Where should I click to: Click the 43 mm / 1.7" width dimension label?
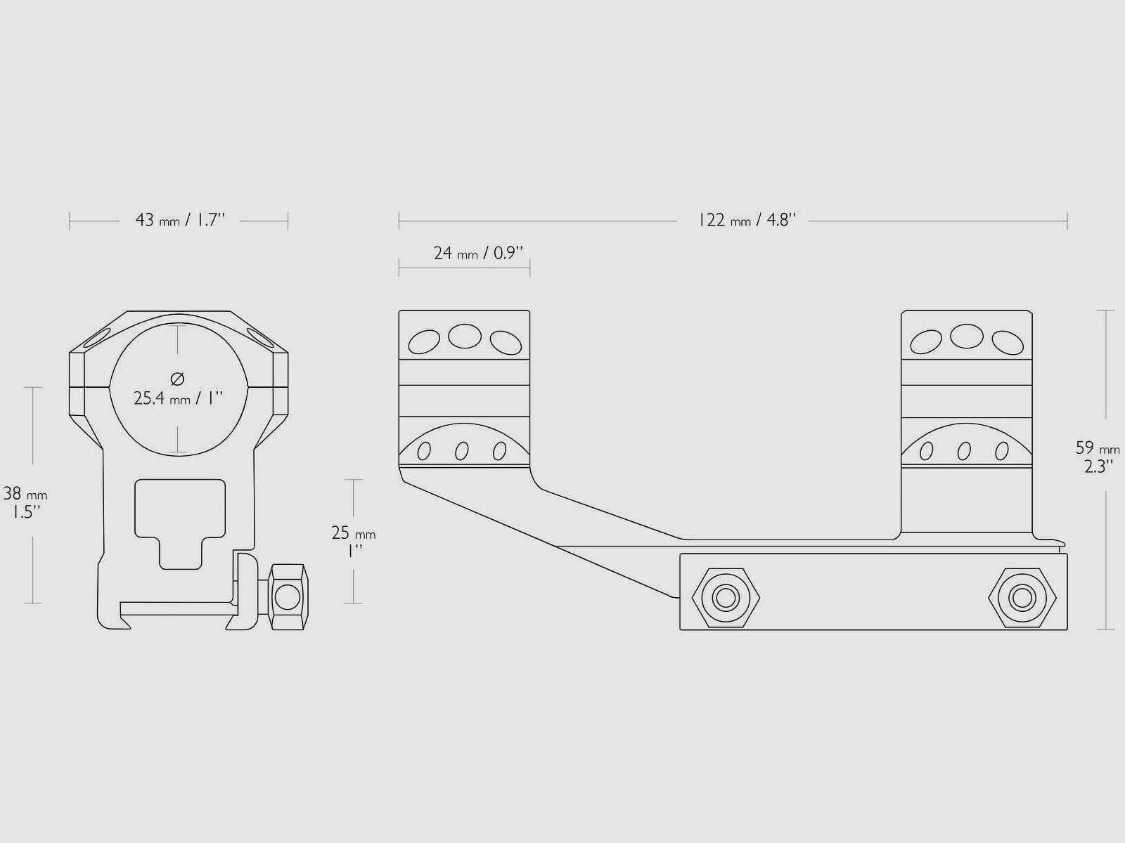[180, 220]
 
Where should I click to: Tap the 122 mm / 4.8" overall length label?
[747, 220]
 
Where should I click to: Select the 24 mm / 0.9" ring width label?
[478, 253]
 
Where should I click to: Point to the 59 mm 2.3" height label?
[1097, 457]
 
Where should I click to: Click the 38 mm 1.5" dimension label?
[25, 502]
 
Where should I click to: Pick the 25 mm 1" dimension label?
[353, 542]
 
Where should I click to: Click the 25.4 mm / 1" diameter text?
[179, 398]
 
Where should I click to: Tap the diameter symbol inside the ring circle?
[177, 379]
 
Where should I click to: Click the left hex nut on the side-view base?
[726, 597]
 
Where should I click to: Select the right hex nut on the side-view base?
[1022, 597]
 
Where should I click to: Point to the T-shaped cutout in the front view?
[180, 523]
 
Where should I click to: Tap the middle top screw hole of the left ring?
[465, 336]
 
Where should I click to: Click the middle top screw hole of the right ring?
[967, 336]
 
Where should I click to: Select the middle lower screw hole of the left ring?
[462, 451]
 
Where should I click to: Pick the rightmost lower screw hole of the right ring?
[1002, 451]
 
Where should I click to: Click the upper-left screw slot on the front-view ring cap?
[96, 338]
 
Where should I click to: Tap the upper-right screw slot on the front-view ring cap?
[261, 338]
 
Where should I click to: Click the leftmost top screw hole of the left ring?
[424, 342]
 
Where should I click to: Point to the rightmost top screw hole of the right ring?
[1008, 342]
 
